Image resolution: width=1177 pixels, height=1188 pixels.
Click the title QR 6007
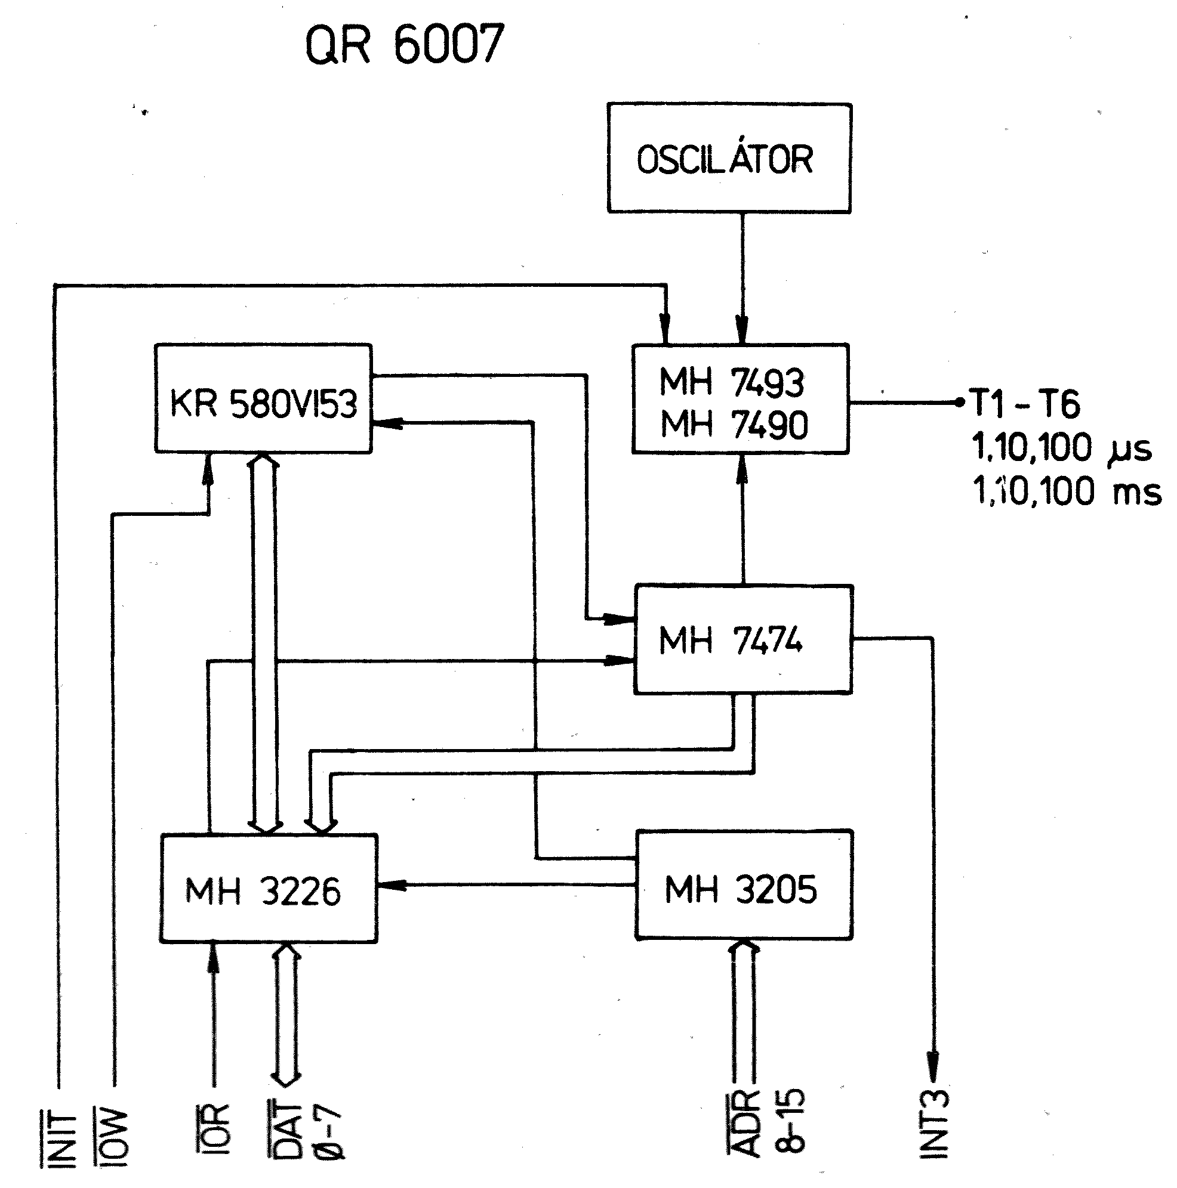coord(404,44)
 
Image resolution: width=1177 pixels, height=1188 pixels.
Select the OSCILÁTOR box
coord(729,158)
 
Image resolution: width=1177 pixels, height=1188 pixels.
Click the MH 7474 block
coord(743,639)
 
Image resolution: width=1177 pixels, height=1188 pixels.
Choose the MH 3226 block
coord(268,890)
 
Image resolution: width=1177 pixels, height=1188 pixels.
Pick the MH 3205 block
coord(743,887)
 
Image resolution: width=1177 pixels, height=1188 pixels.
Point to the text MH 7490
coord(734,424)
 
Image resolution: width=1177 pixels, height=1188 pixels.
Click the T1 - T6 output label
coord(1025,403)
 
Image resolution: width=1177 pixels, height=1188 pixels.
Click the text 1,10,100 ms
coord(1066,492)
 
